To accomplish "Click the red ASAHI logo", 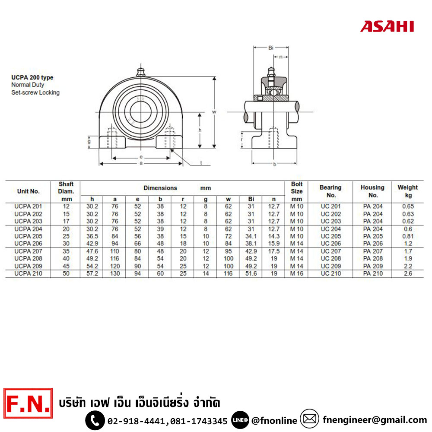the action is [387, 26].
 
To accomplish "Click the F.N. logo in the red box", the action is [28, 403].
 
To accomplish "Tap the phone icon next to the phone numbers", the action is [95, 420].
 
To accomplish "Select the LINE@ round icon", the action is [240, 420].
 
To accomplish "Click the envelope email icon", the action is [309, 419].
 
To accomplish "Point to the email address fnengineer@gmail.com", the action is [375, 420].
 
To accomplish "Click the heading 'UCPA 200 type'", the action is [32, 77].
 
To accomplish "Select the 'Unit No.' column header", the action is [29, 191].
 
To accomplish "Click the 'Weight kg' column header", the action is [408, 191].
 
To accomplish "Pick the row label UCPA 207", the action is [29, 251].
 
